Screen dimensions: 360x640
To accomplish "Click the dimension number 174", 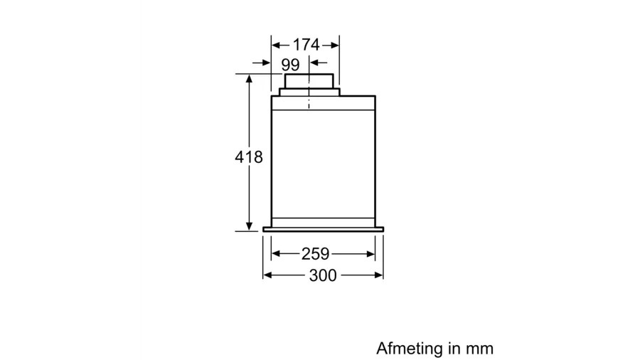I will tap(306, 44).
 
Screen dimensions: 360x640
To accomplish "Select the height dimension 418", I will tap(249, 157).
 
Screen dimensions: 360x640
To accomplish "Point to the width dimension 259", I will tap(314, 253).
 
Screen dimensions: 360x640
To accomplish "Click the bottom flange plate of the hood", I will tap(323, 229).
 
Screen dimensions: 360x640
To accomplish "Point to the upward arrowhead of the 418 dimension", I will tap(250, 79).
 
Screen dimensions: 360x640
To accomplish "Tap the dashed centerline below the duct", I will tap(309, 102).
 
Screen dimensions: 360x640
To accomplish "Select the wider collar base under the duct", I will tap(309, 91).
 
